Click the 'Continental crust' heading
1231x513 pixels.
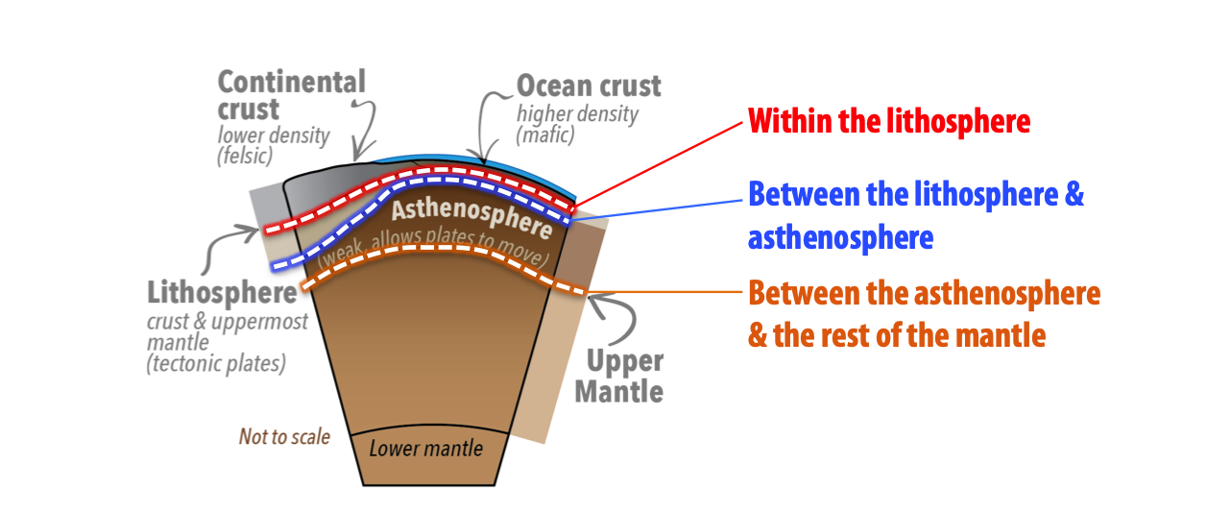(x=292, y=94)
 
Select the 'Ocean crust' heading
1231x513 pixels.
(x=589, y=85)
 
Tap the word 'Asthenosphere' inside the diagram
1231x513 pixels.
(x=471, y=217)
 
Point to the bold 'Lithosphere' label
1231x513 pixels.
(x=222, y=292)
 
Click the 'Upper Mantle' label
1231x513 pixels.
(x=624, y=376)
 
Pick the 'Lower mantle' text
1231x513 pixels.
(x=425, y=449)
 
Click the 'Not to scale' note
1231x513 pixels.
(x=284, y=437)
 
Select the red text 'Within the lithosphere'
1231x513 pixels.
(x=889, y=122)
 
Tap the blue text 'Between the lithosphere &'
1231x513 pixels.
(x=915, y=194)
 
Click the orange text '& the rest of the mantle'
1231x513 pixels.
(x=896, y=336)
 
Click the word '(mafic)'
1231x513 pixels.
(x=544, y=134)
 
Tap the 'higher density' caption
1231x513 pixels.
(x=577, y=114)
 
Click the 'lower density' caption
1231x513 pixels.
(x=273, y=135)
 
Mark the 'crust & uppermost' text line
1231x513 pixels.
(x=228, y=321)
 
